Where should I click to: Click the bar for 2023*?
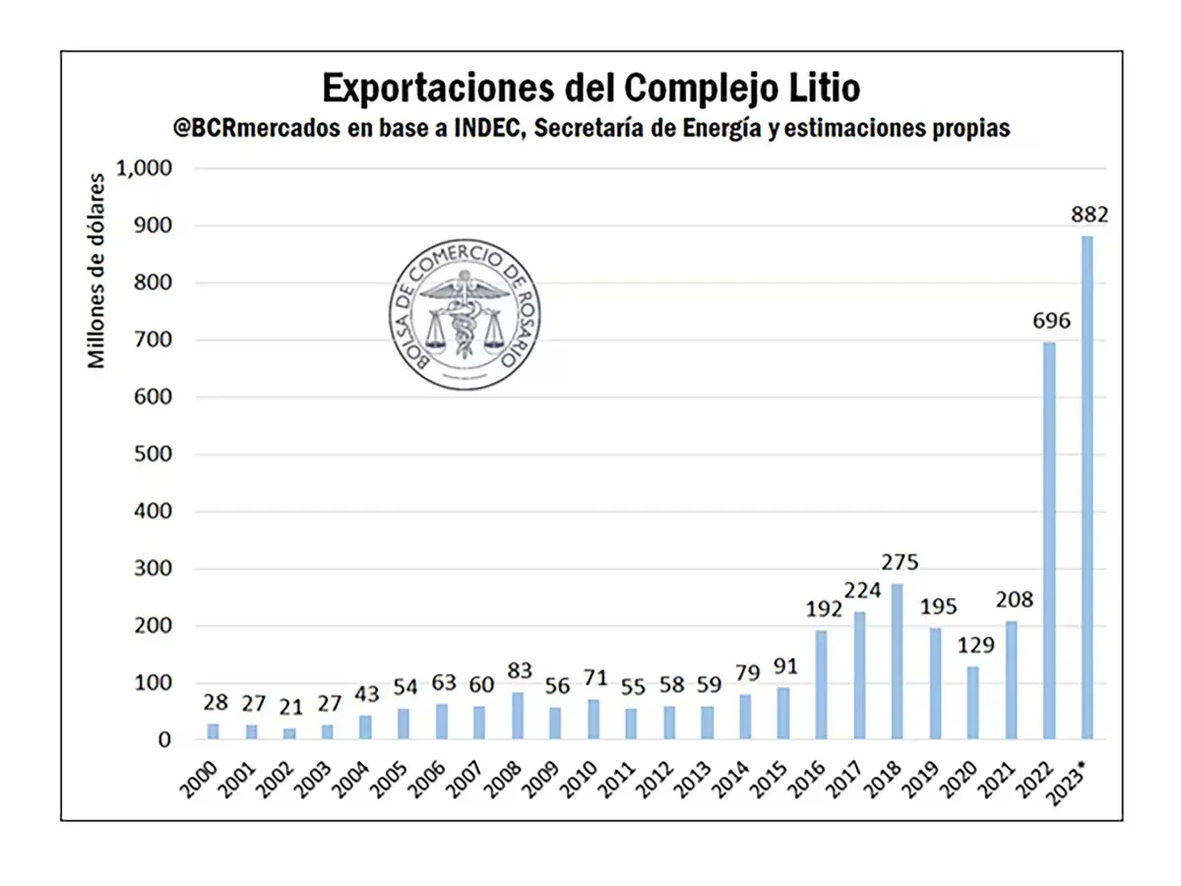pos(1087,487)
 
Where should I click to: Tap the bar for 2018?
pos(898,661)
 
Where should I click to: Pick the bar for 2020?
pos(973,702)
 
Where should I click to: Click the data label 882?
pos(1090,215)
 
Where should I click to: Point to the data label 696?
pos(1051,321)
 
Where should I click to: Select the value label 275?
pos(899,563)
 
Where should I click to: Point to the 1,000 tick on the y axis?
pos(145,168)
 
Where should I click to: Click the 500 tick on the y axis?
pos(153,455)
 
